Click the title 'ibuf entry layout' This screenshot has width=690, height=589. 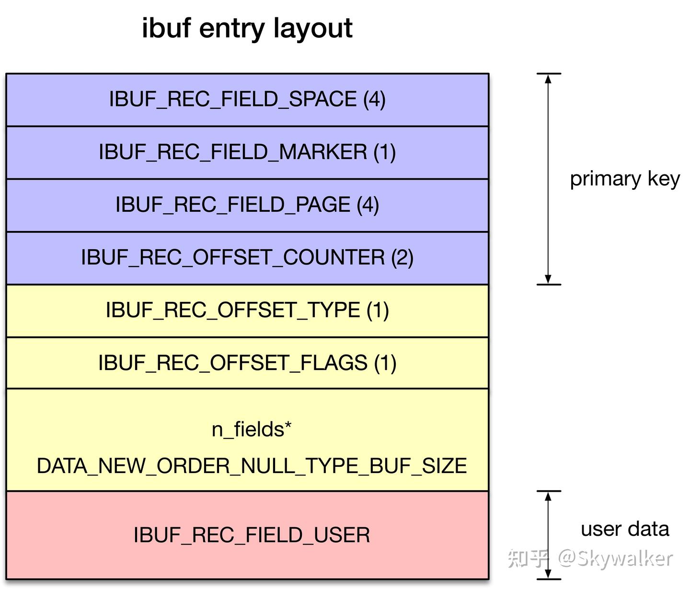pyautogui.click(x=247, y=28)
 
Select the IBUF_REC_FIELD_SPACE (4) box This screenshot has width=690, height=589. pyautogui.click(x=247, y=100)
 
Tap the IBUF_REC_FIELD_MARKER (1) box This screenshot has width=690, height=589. pyautogui.click(x=247, y=152)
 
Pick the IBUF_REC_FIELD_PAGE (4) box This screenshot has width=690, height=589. pyautogui.click(x=247, y=205)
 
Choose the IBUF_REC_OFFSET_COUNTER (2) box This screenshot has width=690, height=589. pyautogui.click(x=247, y=258)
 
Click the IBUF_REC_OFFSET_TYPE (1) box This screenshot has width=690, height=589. pyautogui.click(x=247, y=311)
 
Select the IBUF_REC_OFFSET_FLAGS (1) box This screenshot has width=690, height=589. pyautogui.click(x=247, y=363)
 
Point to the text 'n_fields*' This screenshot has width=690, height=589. pyautogui.click(x=252, y=429)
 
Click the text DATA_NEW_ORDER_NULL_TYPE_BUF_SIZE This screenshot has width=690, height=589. pyautogui.click(x=252, y=466)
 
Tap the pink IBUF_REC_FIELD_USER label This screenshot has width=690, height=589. pyautogui.click(x=252, y=535)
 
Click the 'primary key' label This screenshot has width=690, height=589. pyautogui.click(x=624, y=179)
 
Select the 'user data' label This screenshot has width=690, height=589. pyautogui.click(x=624, y=529)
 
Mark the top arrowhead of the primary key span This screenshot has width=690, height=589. pyautogui.click(x=548, y=79)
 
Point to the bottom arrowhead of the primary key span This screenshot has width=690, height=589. pyautogui.click(x=548, y=279)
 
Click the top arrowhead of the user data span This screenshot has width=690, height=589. pyautogui.click(x=548, y=496)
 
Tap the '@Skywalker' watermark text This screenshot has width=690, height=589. pyautogui.click(x=615, y=559)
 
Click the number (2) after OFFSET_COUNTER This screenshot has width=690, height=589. pyautogui.click(x=402, y=258)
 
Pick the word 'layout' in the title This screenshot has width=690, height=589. pyautogui.click(x=313, y=28)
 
